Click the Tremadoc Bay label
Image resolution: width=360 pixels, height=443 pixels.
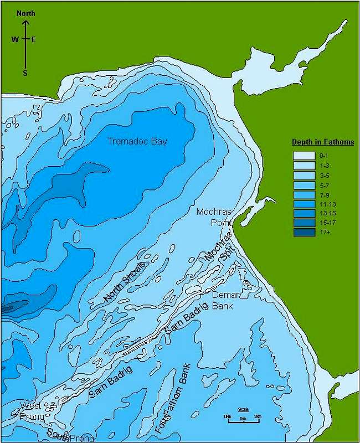[137, 141]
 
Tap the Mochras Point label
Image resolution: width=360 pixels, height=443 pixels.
[213, 217]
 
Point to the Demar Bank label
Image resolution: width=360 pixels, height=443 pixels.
[225, 300]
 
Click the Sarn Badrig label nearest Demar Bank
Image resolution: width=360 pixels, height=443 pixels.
[185, 320]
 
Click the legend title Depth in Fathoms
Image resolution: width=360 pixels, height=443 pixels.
[323, 142]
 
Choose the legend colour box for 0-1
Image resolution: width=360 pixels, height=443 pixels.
[304, 156]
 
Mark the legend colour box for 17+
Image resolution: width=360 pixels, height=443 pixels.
[304, 233]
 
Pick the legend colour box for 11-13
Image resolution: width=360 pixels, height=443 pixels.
[304, 204]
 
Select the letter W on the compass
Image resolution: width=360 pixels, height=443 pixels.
[15, 39]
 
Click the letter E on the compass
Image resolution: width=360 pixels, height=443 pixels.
[34, 39]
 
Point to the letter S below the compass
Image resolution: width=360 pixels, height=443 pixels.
[25, 73]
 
